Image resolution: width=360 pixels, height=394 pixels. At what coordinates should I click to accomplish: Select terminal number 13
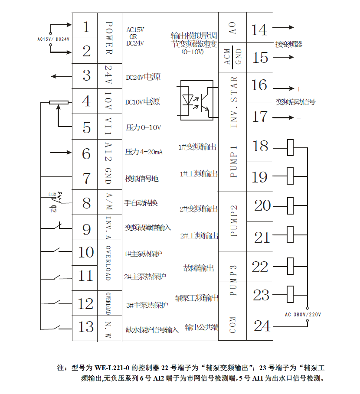pos(86,327)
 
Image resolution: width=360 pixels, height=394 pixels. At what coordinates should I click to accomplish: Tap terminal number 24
pos(262,326)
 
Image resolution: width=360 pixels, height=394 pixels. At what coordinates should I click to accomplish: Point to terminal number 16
pos(259,85)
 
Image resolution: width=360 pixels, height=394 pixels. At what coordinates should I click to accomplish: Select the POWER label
pos(109,38)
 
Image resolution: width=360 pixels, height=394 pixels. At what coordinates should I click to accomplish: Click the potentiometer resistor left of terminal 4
pos(59,103)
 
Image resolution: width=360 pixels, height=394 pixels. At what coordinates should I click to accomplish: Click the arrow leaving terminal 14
pos(284,27)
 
